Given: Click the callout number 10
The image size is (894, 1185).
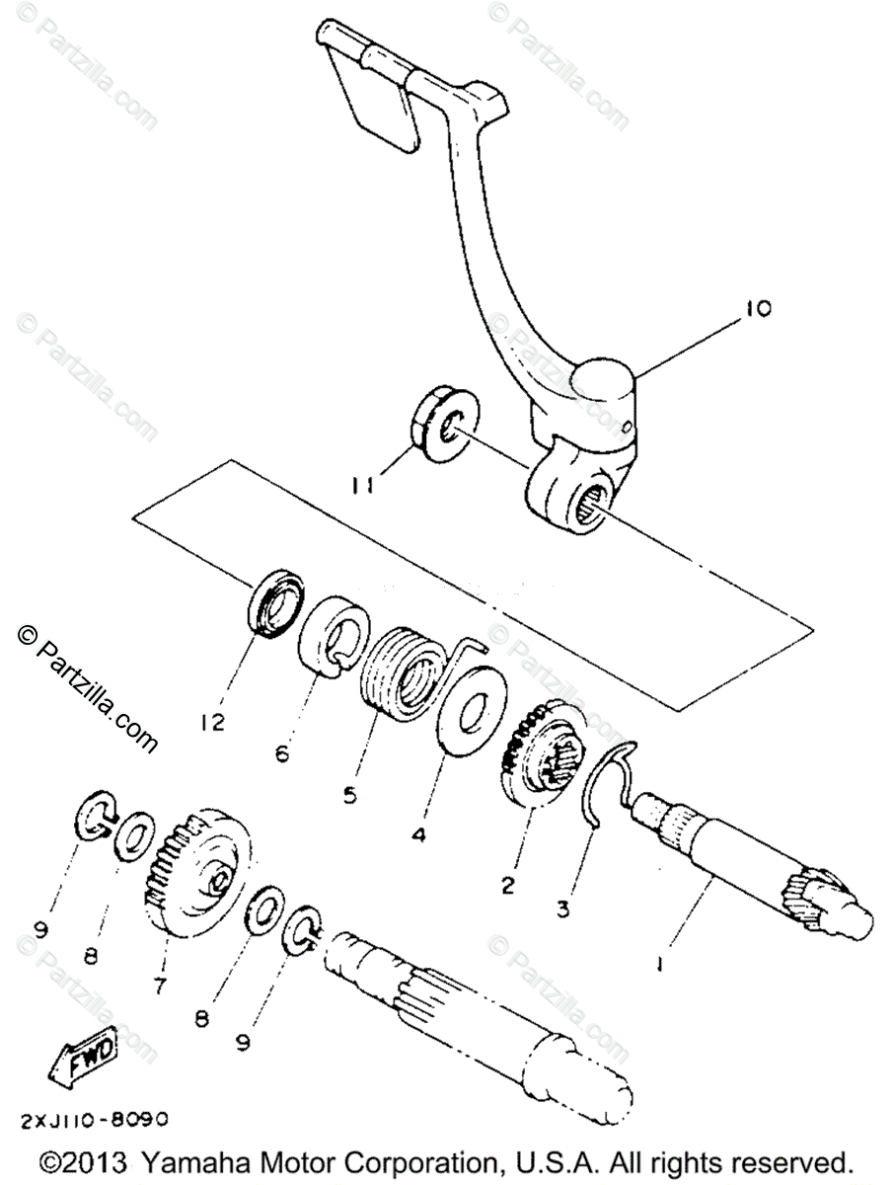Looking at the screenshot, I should pyautogui.click(x=759, y=308).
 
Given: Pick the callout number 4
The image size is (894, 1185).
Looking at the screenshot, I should pyautogui.click(x=418, y=834).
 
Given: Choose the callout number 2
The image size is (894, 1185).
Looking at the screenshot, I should pyautogui.click(x=508, y=886).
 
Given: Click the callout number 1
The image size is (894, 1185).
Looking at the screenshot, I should pyautogui.click(x=664, y=960).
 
